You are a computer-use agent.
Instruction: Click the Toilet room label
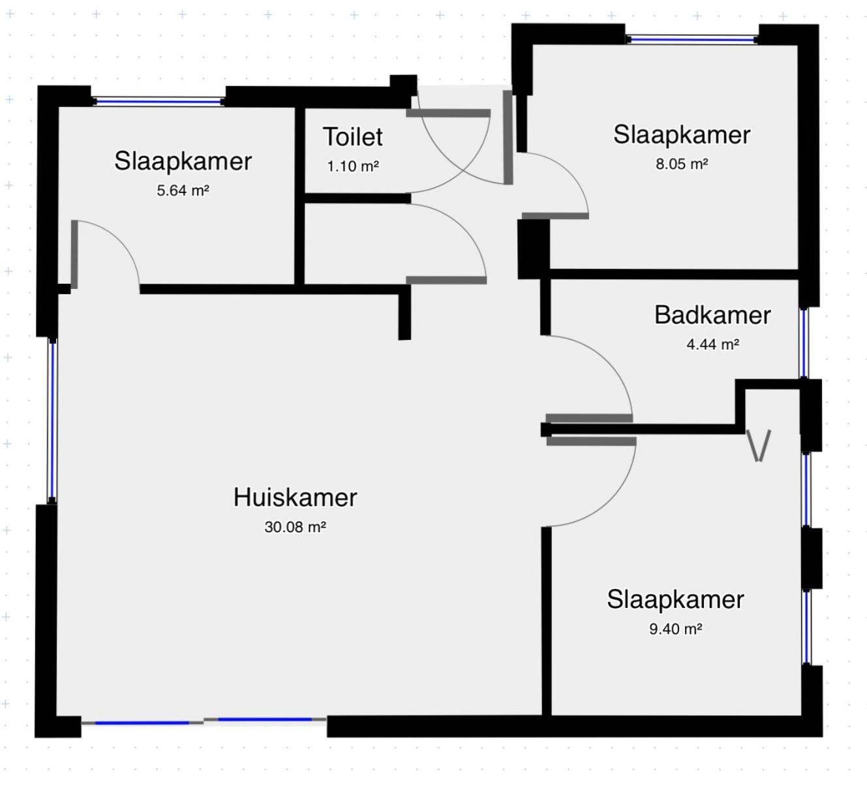click(x=353, y=136)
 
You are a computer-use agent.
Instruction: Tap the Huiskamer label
click(x=295, y=497)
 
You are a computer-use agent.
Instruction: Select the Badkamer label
click(x=712, y=315)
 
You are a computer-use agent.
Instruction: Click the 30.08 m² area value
click(x=295, y=527)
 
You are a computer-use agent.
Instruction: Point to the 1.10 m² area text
click(x=353, y=166)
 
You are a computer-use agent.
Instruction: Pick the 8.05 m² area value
click(x=682, y=164)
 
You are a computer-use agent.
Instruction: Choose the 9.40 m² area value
click(x=675, y=629)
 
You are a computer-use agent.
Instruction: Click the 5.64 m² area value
click(x=183, y=190)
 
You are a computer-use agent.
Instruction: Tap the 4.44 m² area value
click(x=712, y=344)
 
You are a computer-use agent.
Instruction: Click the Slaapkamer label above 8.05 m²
click(x=682, y=134)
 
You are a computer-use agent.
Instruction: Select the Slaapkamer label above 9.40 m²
click(x=675, y=599)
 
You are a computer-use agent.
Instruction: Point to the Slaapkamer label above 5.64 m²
click(x=183, y=161)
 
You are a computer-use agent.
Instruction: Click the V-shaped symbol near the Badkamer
click(x=759, y=446)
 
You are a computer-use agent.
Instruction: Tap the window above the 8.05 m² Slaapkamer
click(x=692, y=40)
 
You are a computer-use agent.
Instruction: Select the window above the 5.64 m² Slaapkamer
click(x=158, y=102)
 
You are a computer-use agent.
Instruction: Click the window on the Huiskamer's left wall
click(x=52, y=421)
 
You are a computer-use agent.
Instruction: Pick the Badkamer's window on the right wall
click(x=804, y=343)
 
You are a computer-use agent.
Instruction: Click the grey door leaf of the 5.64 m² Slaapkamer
click(x=74, y=254)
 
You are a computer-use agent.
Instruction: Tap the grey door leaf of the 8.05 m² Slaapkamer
click(x=555, y=216)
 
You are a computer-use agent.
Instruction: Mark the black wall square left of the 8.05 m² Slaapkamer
click(x=534, y=249)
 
